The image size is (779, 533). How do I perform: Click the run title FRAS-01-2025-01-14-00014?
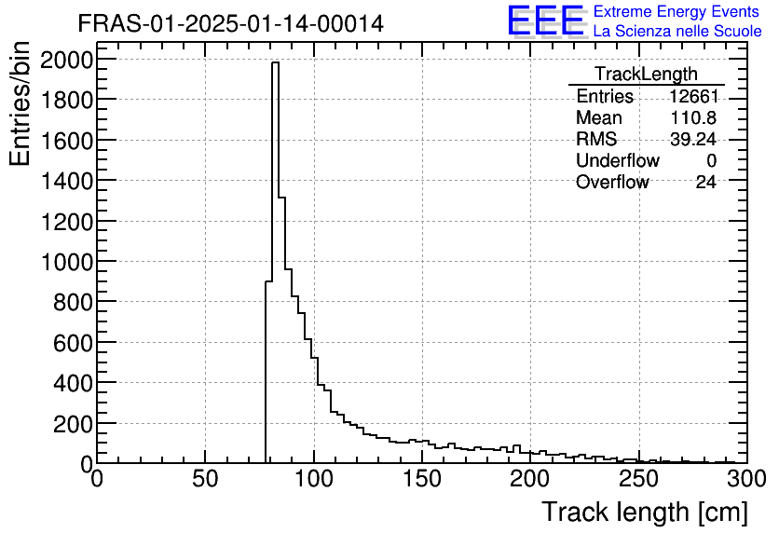pos(230,23)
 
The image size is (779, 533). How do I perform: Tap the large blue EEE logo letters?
pos(546,20)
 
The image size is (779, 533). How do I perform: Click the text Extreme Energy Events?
pos(676,12)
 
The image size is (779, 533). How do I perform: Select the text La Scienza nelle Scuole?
pos(677,32)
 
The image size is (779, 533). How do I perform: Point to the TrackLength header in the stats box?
pos(646,75)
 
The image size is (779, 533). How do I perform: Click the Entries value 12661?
pos(692,97)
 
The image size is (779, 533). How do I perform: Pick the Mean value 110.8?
pos(692,118)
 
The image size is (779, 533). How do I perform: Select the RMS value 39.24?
pos(692,140)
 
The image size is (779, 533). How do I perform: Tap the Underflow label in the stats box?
pos(617,161)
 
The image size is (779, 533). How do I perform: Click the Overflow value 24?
pos(705,183)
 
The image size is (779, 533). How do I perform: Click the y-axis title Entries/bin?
pos(20,104)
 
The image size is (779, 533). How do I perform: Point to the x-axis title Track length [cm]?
pos(644,512)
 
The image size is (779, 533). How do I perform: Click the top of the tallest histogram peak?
pos(275,63)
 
